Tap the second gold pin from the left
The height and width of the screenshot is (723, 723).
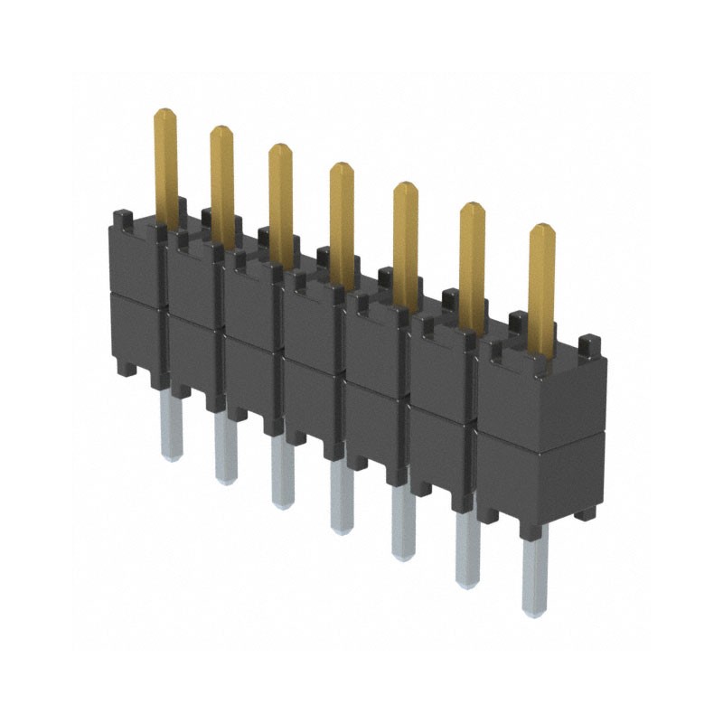pos(222,181)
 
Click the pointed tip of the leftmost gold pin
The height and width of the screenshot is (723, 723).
pos(164,113)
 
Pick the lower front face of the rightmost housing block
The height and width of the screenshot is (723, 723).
pos(540,474)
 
